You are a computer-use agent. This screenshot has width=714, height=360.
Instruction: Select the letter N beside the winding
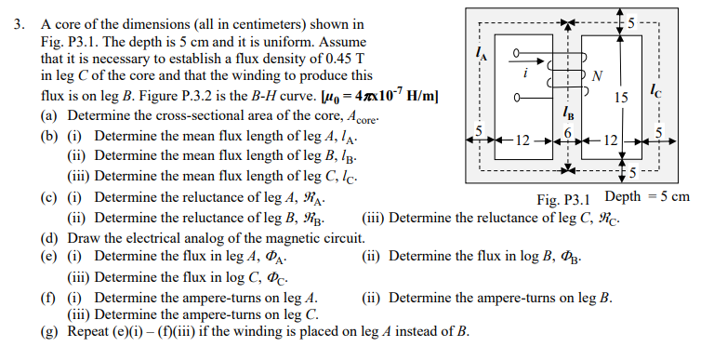tap(597, 75)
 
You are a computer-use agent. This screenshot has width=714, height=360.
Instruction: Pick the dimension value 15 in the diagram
tap(621, 98)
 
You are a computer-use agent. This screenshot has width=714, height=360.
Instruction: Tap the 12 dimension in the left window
tap(522, 141)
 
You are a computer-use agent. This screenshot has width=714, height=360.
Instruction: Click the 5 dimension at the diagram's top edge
tap(631, 24)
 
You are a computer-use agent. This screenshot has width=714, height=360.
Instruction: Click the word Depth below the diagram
tap(623, 196)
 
